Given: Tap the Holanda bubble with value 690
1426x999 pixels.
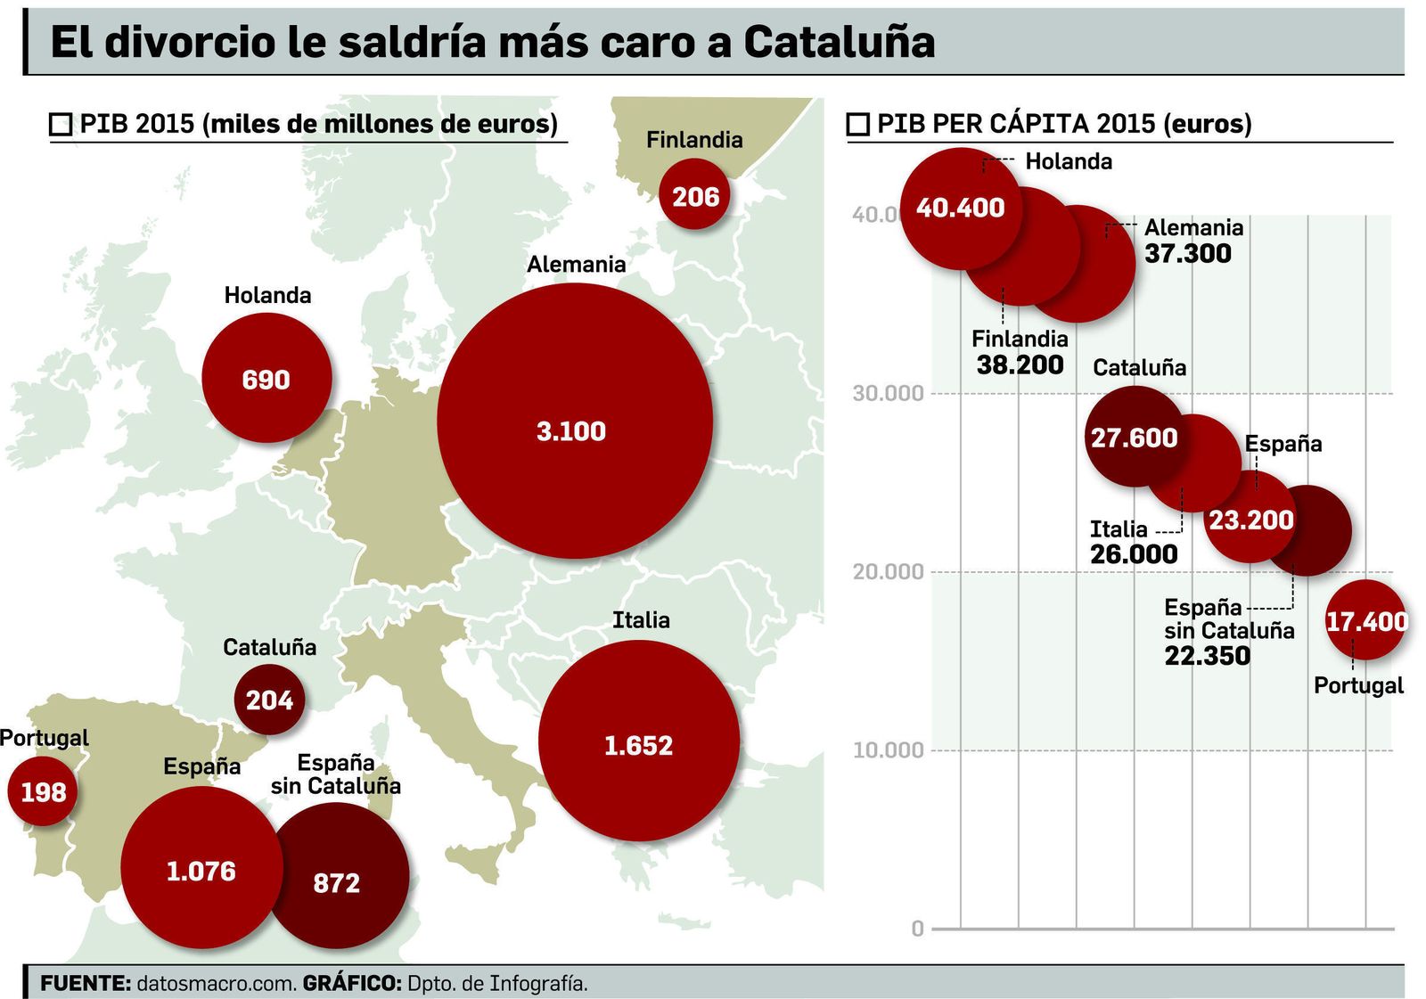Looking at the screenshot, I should [x=266, y=379].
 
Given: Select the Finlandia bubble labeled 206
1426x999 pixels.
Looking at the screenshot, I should [x=694, y=195].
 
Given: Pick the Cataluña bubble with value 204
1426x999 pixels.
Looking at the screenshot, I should [x=269, y=700].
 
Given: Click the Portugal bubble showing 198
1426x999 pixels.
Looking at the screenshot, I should [x=43, y=791].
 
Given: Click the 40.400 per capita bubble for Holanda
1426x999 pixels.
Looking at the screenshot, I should [x=960, y=208].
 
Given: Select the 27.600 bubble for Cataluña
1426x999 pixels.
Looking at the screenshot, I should [x=1134, y=437].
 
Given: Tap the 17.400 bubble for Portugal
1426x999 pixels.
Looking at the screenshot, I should [x=1365, y=620].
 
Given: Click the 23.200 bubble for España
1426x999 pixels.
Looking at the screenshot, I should [x=1250, y=520].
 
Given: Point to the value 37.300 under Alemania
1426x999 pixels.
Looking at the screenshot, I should [x=1187, y=254].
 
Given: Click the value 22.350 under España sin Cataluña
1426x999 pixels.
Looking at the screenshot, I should [x=1207, y=656].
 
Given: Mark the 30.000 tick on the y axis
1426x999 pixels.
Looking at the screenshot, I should [x=887, y=394].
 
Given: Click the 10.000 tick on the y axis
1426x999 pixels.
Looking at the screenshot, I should [x=887, y=750].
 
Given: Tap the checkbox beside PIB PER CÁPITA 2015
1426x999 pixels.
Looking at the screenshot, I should [x=857, y=124].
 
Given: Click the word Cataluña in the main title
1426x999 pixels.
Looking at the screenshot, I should [x=839, y=42].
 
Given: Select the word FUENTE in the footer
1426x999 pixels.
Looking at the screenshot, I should [x=86, y=984].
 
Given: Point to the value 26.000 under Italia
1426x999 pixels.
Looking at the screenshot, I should [x=1133, y=554].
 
